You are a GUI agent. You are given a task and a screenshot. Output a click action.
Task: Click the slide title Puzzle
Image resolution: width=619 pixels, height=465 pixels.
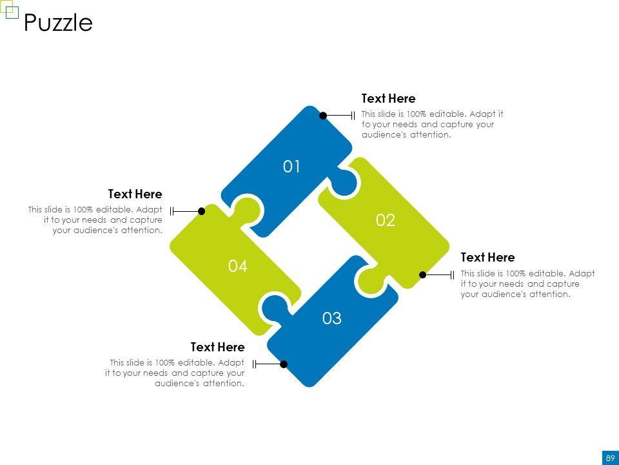pyautogui.click(x=58, y=23)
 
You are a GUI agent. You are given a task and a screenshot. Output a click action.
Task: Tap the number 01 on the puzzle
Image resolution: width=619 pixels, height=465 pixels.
pyautogui.click(x=291, y=167)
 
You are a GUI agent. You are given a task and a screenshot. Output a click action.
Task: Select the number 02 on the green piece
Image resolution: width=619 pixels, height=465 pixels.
pyautogui.click(x=386, y=220)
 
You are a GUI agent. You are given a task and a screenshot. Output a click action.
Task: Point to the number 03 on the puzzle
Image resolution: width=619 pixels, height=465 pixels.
pyautogui.click(x=331, y=318)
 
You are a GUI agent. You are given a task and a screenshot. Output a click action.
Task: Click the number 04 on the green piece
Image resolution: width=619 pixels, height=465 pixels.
pyautogui.click(x=238, y=266)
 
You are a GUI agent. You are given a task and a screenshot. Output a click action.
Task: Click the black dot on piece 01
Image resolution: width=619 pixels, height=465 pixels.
pyautogui.click(x=323, y=116)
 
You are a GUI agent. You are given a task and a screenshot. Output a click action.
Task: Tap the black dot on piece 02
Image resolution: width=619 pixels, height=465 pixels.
pyautogui.click(x=422, y=275)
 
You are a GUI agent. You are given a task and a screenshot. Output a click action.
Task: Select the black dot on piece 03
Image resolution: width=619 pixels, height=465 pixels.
pyautogui.click(x=284, y=364)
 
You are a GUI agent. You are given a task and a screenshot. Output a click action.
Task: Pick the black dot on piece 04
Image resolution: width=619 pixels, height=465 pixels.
pyautogui.click(x=201, y=211)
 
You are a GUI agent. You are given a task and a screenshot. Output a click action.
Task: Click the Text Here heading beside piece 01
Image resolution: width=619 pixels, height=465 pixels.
pyautogui.click(x=388, y=98)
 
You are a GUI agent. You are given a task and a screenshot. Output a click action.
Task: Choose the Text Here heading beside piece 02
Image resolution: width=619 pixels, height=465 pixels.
pyautogui.click(x=487, y=258)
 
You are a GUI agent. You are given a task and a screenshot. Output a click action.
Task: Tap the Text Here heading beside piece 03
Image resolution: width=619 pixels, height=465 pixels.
pyautogui.click(x=217, y=347)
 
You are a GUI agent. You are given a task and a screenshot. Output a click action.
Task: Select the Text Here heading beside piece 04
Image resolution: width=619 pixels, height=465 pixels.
pyautogui.click(x=135, y=194)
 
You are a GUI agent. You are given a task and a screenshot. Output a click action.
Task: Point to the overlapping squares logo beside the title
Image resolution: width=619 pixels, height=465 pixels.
pyautogui.click(x=9, y=9)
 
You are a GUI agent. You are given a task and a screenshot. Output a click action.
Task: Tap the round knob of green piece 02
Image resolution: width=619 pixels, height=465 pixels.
pyautogui.click(x=371, y=282)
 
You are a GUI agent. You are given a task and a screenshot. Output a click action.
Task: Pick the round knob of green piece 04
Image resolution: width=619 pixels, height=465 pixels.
pyautogui.click(x=248, y=209)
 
